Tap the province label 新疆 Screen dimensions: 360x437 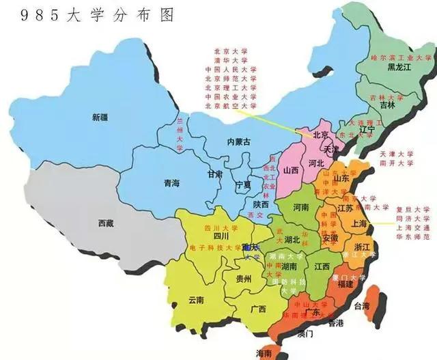(101, 117)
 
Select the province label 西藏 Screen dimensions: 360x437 (107, 223)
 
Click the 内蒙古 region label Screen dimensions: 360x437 (239, 141)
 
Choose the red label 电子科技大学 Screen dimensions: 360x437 (206, 247)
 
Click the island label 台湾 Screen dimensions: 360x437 (368, 305)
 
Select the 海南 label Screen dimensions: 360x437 (264, 352)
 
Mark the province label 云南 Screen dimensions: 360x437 (197, 299)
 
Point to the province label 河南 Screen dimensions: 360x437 (300, 206)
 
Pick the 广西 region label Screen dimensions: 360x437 (258, 308)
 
